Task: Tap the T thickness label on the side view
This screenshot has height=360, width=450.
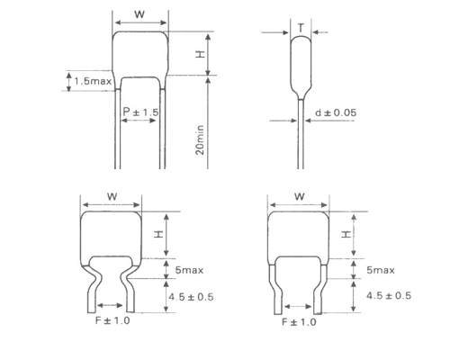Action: click(x=300, y=29)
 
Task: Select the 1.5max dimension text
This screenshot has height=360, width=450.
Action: click(x=92, y=82)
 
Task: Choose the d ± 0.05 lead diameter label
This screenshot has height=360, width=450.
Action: click(x=338, y=112)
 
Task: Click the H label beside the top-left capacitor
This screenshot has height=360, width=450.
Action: click(x=200, y=55)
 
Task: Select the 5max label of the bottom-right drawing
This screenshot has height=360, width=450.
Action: click(x=382, y=269)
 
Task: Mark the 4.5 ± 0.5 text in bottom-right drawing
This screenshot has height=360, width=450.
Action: click(x=388, y=295)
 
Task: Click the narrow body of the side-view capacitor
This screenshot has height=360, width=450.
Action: click(x=300, y=63)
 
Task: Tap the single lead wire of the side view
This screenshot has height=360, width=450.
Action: click(x=300, y=135)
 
